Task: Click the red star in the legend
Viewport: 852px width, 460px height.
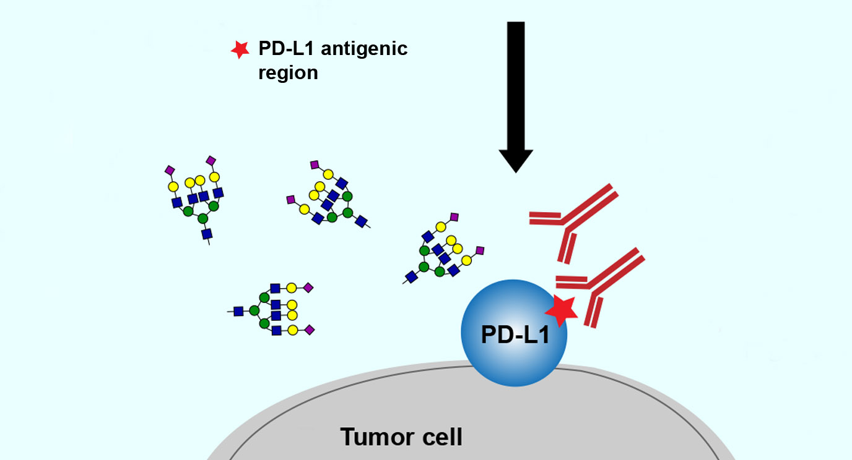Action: [x=239, y=50]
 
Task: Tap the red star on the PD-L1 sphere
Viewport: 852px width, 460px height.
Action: [x=562, y=311]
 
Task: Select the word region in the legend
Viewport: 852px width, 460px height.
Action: [x=289, y=73]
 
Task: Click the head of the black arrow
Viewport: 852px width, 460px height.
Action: [x=516, y=160]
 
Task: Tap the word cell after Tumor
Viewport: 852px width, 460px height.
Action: [x=440, y=437]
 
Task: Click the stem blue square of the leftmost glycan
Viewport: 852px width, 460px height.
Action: [x=207, y=233]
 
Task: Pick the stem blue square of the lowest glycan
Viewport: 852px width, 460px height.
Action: [x=238, y=311]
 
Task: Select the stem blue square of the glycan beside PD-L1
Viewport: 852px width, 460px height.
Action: [x=411, y=276]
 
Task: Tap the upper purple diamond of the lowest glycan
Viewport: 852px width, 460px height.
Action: [x=308, y=287]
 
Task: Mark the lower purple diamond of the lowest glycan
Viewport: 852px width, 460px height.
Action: [x=310, y=330]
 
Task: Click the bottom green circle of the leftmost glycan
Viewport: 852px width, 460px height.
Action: [x=202, y=218]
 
